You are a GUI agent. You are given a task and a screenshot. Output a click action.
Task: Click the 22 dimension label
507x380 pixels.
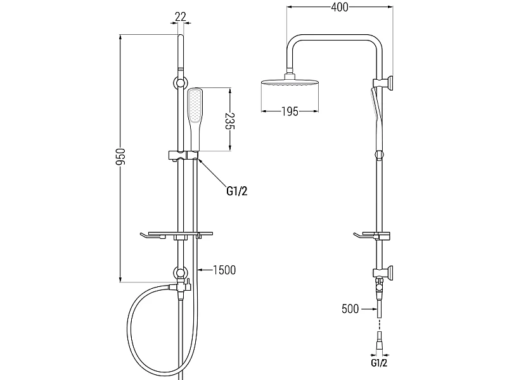(x=181, y=16)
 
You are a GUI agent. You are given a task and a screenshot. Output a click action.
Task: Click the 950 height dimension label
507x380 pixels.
(x=120, y=157)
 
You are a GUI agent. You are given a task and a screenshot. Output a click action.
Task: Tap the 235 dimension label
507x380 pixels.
(x=230, y=120)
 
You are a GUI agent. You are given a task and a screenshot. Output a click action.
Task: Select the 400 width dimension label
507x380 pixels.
(x=340, y=7)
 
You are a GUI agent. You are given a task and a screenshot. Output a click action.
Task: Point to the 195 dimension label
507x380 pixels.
(x=290, y=111)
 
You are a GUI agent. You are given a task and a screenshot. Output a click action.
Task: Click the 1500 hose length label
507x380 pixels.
(x=224, y=270)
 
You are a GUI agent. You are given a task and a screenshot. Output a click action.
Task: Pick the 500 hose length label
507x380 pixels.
(x=350, y=309)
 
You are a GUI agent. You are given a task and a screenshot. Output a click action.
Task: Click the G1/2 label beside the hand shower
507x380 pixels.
(x=236, y=191)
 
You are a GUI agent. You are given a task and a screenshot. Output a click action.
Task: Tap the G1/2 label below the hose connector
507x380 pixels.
(x=379, y=363)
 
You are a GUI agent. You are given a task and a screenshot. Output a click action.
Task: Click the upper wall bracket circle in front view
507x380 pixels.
(x=181, y=82)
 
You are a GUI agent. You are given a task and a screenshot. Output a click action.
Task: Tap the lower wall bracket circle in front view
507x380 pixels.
(x=181, y=272)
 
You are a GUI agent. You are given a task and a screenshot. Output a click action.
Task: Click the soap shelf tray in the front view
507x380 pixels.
(x=177, y=236)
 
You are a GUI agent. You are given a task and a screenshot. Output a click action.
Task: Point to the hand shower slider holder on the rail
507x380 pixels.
(x=183, y=156)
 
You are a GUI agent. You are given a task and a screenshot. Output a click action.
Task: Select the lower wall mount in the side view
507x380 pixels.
(x=383, y=272)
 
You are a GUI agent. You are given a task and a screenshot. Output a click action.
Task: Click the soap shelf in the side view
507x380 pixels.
(x=372, y=236)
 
